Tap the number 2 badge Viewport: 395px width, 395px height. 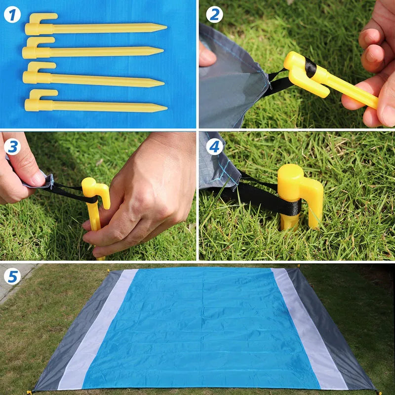[214, 15]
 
